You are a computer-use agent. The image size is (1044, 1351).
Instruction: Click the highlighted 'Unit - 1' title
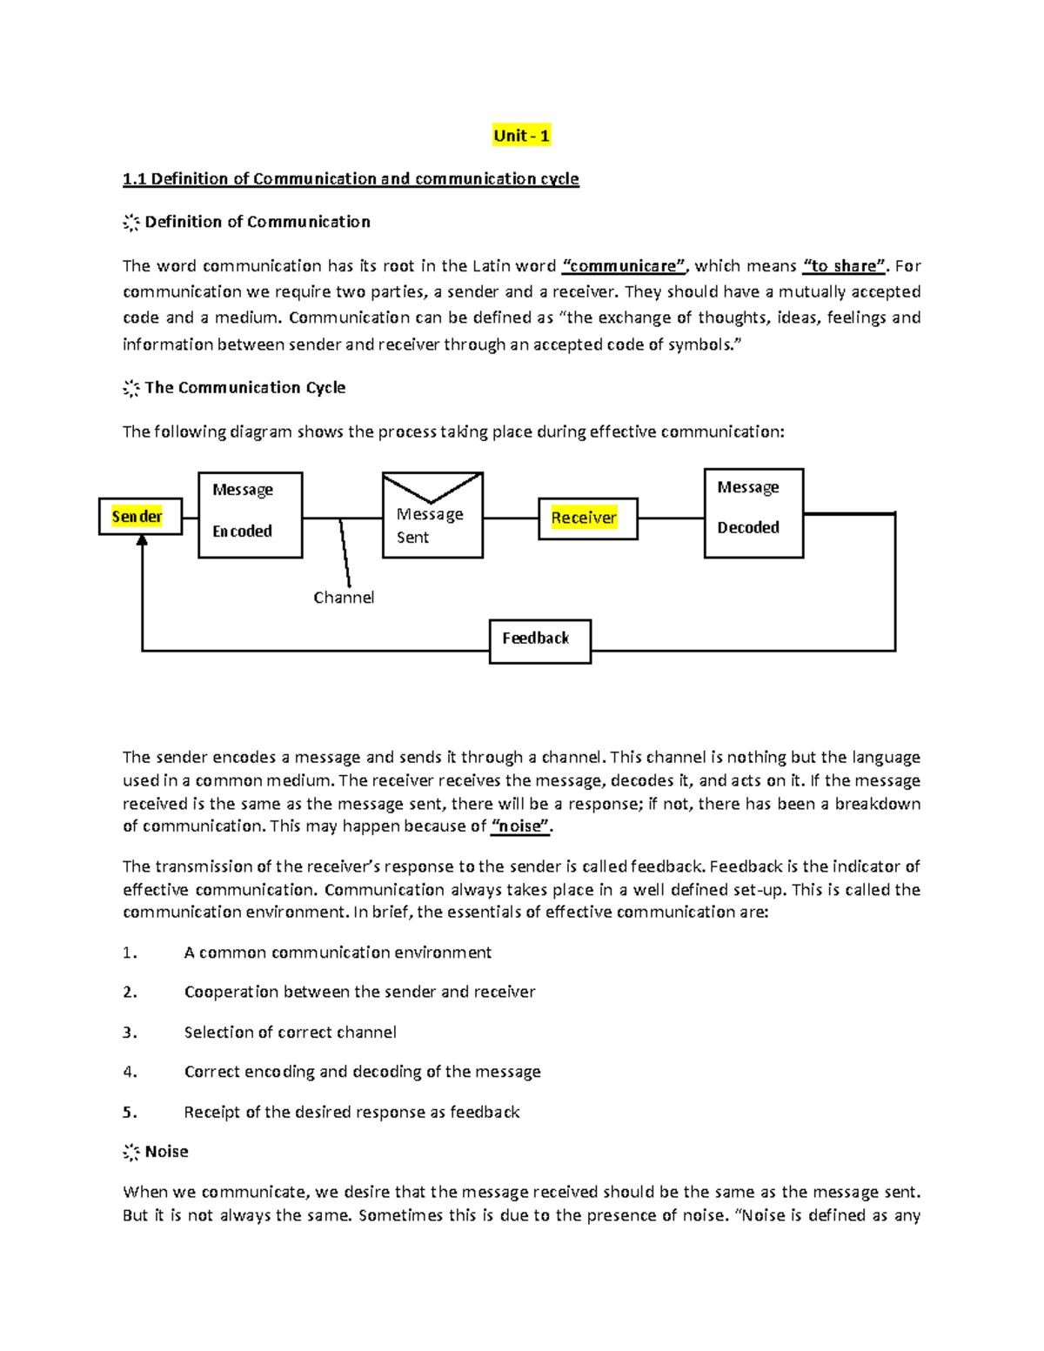tap(520, 136)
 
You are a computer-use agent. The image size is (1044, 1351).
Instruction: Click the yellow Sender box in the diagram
tap(139, 517)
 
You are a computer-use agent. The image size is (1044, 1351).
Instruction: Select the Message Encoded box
tap(250, 514)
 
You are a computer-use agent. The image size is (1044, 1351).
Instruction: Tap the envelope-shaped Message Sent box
tap(432, 516)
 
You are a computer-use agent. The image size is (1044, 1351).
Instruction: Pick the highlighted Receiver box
tap(587, 518)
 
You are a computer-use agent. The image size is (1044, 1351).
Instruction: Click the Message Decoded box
tap(753, 512)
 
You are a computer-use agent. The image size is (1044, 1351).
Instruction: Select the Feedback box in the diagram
tap(539, 641)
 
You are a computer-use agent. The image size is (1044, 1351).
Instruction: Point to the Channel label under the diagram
tap(343, 598)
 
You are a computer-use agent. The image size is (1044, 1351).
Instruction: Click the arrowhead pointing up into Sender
tap(142, 541)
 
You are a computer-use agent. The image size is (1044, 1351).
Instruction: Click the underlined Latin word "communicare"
tap(625, 266)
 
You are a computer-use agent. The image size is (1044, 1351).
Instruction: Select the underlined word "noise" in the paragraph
tap(520, 826)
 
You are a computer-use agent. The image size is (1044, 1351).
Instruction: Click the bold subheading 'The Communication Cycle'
tap(244, 388)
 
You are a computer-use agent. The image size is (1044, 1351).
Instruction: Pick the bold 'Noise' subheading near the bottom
tap(166, 1152)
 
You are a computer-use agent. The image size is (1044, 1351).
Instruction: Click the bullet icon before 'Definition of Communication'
tap(130, 223)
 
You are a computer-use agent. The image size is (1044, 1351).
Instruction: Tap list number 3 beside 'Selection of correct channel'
tap(130, 1033)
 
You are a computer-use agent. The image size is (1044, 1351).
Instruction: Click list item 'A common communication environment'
tap(338, 953)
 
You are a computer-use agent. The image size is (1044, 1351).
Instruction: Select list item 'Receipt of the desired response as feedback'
tap(351, 1113)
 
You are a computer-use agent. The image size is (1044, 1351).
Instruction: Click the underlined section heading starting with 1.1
tap(350, 179)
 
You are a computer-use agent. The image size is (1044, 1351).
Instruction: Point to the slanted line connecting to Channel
tap(345, 552)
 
